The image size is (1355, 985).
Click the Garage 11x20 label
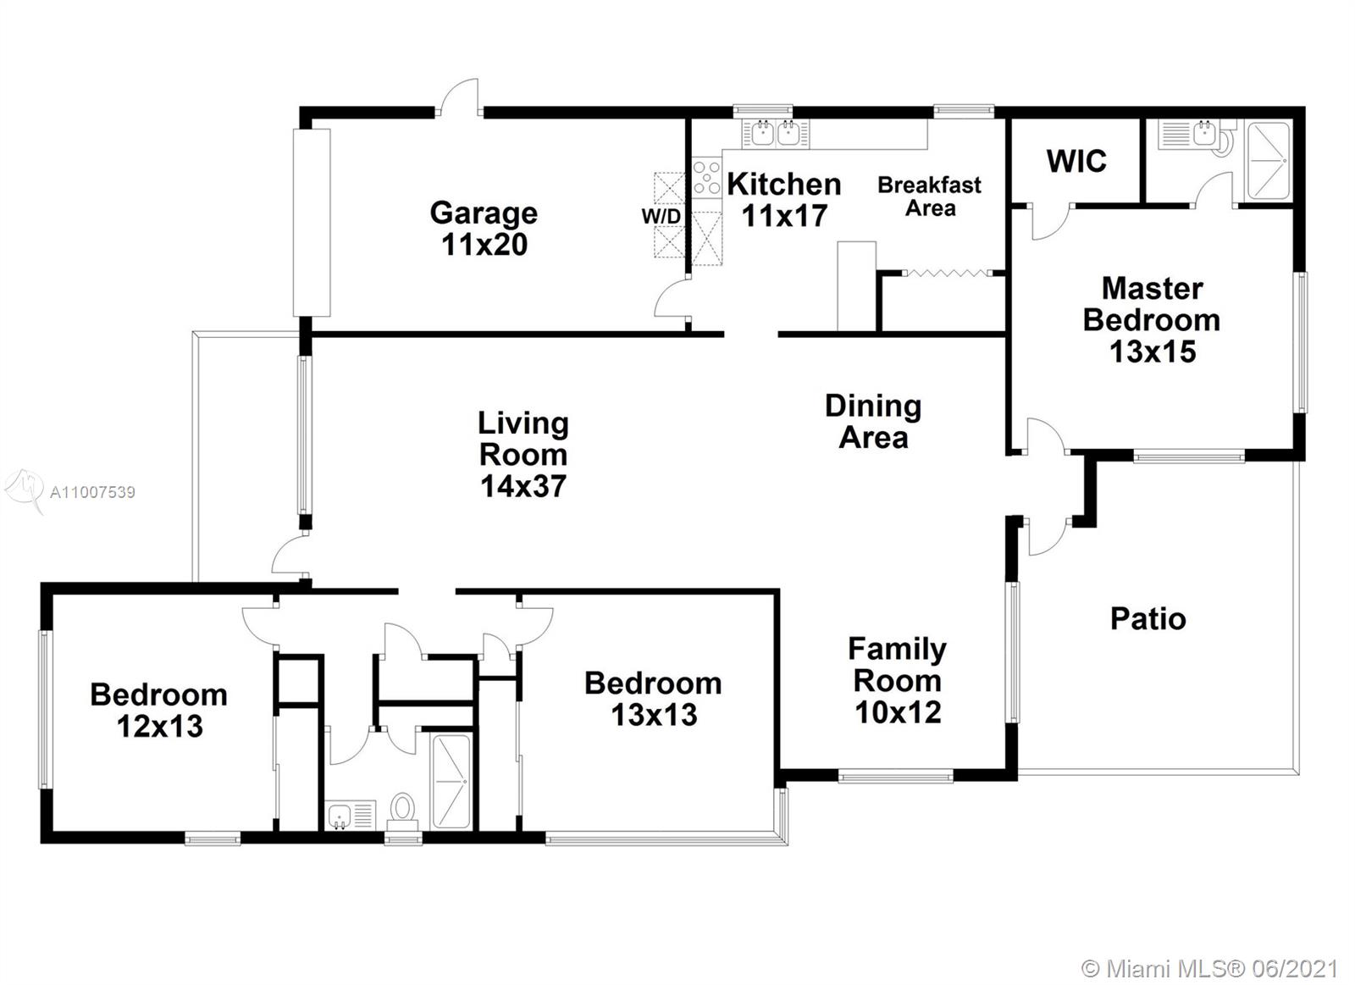click(x=484, y=229)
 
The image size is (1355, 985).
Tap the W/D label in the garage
click(x=661, y=216)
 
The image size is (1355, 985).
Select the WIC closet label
click(x=1076, y=161)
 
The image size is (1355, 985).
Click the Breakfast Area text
click(x=930, y=196)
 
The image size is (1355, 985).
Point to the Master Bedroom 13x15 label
click(x=1152, y=320)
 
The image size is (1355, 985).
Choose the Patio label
click(x=1148, y=619)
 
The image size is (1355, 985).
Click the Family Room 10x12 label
click(x=898, y=681)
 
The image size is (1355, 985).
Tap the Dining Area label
click(x=873, y=422)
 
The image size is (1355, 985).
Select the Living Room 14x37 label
click(x=523, y=454)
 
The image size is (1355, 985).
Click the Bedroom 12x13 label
click(x=159, y=711)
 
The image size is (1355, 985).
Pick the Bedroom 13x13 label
click(x=653, y=699)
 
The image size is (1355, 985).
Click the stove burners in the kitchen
click(x=706, y=177)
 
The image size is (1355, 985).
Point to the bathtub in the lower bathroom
click(x=451, y=781)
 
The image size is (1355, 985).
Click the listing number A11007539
click(x=92, y=493)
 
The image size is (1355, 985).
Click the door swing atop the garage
click(x=458, y=95)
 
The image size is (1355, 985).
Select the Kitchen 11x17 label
click(x=784, y=200)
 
